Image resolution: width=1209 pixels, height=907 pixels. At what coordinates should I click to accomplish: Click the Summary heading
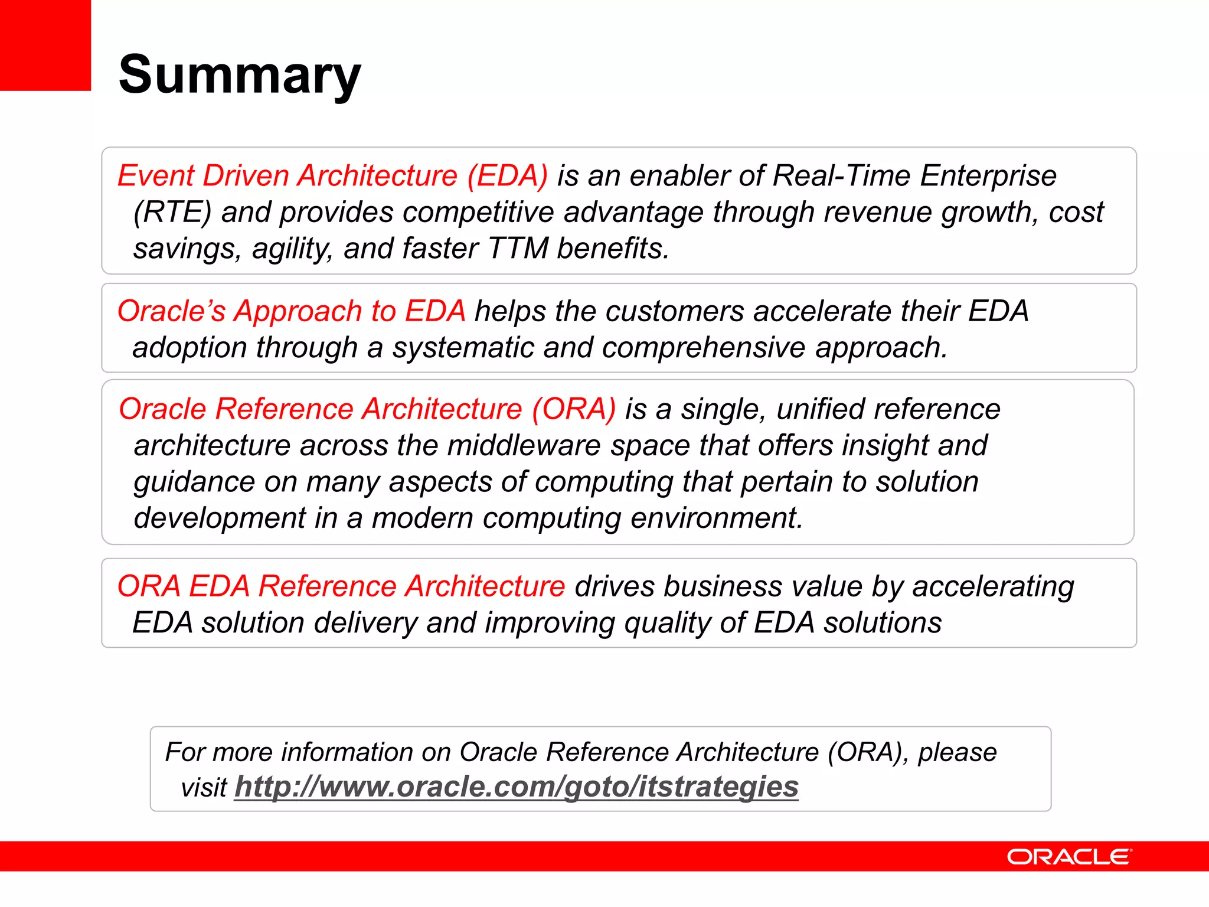(239, 75)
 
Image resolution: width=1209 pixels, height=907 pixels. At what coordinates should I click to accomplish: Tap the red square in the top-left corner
(45, 45)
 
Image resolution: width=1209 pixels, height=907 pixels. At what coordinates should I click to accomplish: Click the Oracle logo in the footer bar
(1069, 857)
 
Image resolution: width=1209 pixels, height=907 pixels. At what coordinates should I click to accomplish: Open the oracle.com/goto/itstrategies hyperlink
(516, 787)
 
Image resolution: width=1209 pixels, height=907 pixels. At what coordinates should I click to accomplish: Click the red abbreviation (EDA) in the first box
(508, 176)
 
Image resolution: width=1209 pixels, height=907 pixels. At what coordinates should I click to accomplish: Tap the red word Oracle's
(171, 311)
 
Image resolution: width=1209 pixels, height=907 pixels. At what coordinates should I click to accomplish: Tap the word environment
(717, 518)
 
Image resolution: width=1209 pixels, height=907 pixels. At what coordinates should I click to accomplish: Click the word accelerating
(993, 587)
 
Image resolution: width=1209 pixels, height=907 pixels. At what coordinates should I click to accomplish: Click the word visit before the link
(204, 788)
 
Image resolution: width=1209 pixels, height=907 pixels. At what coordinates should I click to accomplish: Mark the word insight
(885, 446)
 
